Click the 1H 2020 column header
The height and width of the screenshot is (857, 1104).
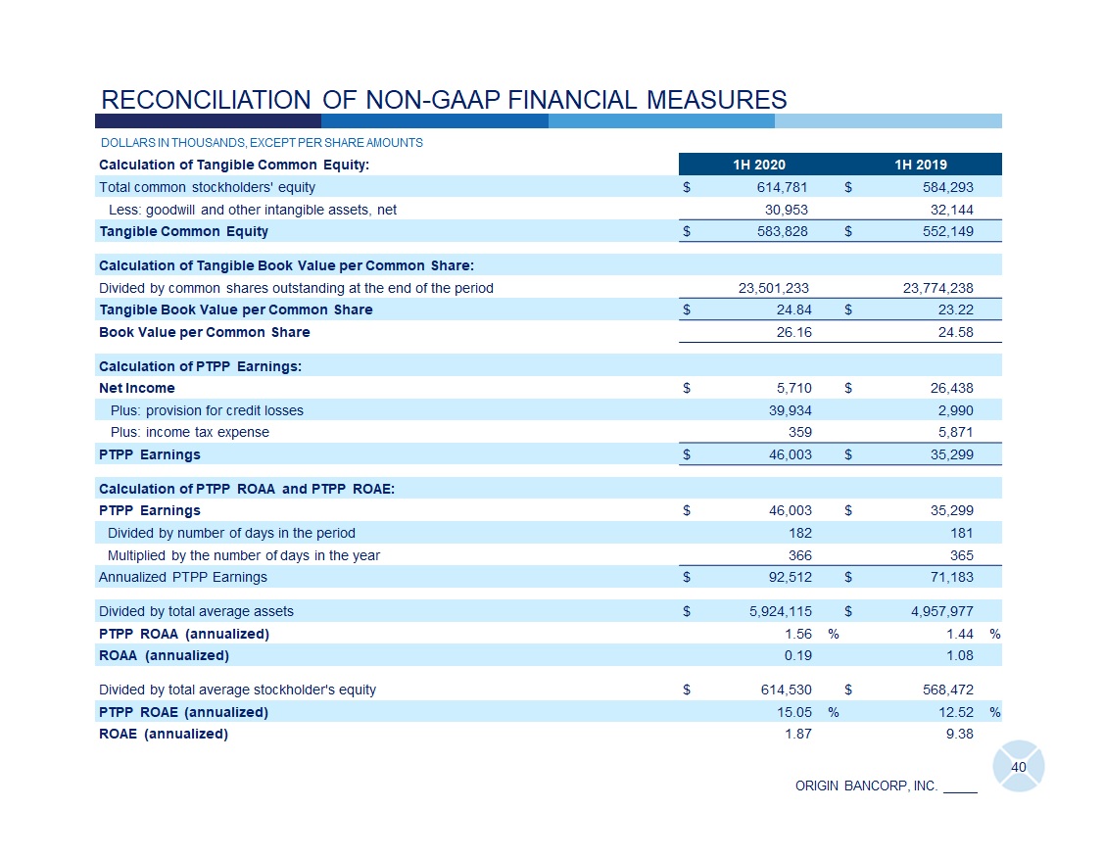point(759,165)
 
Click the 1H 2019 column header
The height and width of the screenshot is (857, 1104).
point(921,165)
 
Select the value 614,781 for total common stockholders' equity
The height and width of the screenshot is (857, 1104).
point(787,187)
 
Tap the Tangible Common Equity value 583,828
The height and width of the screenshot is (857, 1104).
point(787,232)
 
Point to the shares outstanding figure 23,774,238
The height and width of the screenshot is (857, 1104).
point(937,288)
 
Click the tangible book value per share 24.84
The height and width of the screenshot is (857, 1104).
point(792,310)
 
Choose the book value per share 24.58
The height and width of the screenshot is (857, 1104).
point(954,333)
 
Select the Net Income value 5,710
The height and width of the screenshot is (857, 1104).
point(792,388)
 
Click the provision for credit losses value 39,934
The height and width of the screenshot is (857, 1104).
point(790,410)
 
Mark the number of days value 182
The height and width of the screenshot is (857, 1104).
point(799,533)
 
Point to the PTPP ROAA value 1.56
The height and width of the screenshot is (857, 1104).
point(796,634)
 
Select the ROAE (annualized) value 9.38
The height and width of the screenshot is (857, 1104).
point(958,734)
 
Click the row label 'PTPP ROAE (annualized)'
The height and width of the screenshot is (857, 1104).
point(183,712)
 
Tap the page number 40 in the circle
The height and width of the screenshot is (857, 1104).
point(1018,767)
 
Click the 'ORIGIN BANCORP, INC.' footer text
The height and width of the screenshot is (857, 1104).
point(866,786)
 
